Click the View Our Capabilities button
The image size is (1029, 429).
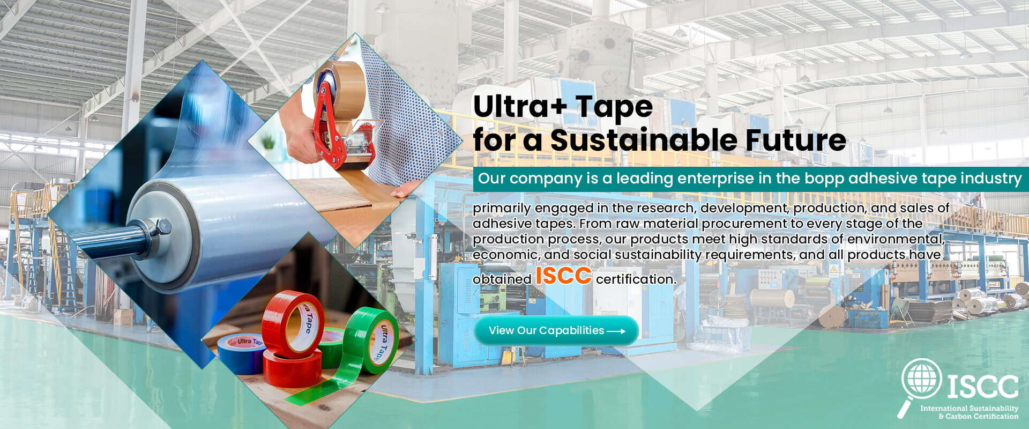tap(556, 330)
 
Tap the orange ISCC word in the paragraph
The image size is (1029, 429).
tap(563, 276)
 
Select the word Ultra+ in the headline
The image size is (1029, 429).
tap(515, 107)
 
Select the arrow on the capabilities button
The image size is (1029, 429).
tap(616, 331)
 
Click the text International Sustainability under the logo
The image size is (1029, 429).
tap(969, 409)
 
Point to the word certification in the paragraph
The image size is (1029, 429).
tap(636, 279)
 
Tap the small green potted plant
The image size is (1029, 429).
tap(267, 142)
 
